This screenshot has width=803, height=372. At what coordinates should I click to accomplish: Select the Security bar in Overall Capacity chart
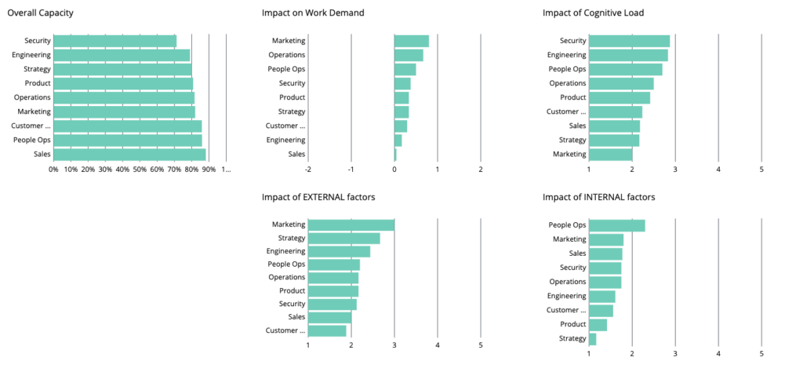coord(114,41)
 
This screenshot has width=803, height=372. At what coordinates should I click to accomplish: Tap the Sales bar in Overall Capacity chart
coord(129,154)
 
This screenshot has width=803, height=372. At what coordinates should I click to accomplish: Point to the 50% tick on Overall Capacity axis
coord(140,169)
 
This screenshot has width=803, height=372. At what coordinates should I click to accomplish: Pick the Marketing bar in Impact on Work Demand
coord(411,41)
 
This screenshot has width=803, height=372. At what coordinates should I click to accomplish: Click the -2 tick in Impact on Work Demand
coord(307,169)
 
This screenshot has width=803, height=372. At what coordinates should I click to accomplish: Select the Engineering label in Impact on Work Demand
coord(285,140)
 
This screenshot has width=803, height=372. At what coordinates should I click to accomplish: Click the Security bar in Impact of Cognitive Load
coord(629,41)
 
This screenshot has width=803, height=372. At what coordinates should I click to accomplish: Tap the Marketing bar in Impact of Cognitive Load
coord(610,154)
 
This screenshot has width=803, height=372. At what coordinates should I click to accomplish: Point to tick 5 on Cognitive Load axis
coord(761,169)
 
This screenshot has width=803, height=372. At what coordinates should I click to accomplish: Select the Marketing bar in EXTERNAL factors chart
coord(351,225)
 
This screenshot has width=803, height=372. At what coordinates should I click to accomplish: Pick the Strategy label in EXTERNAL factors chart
coord(292,239)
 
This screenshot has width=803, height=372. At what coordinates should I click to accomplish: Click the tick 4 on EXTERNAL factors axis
coord(438,345)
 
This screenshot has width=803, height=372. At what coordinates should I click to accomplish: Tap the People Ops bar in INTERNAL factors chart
coord(616,225)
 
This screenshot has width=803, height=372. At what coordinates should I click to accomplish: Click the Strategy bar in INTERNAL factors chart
coord(593,339)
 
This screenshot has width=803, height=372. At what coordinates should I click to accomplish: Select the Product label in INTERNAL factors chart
coord(572,324)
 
